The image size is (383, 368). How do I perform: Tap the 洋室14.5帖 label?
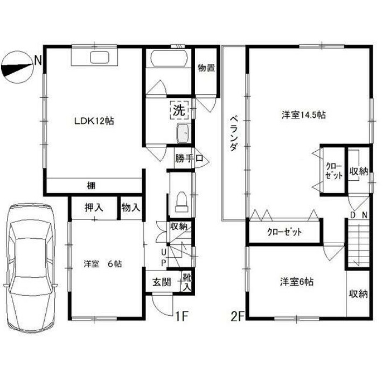[303, 115]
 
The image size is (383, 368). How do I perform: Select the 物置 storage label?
[206, 68]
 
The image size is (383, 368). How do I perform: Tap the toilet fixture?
[181, 200]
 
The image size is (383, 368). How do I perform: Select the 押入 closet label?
[94, 207]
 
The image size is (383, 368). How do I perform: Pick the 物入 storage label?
[130, 207]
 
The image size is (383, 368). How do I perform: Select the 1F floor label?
[182, 316]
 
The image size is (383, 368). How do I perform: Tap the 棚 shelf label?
[92, 186]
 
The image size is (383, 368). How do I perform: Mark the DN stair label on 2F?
[358, 215]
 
